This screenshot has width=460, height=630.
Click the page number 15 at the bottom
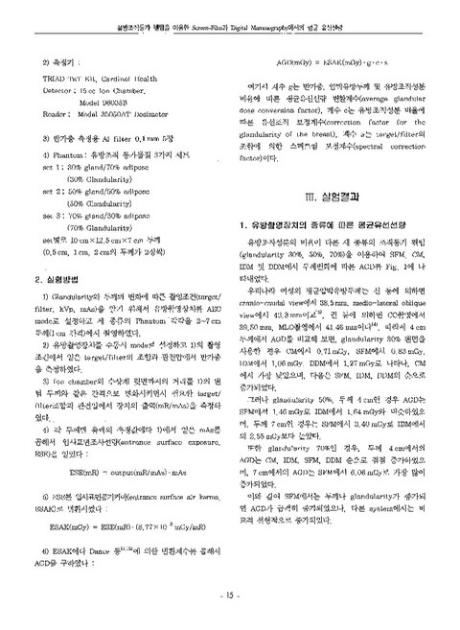pyautogui.click(x=229, y=596)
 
